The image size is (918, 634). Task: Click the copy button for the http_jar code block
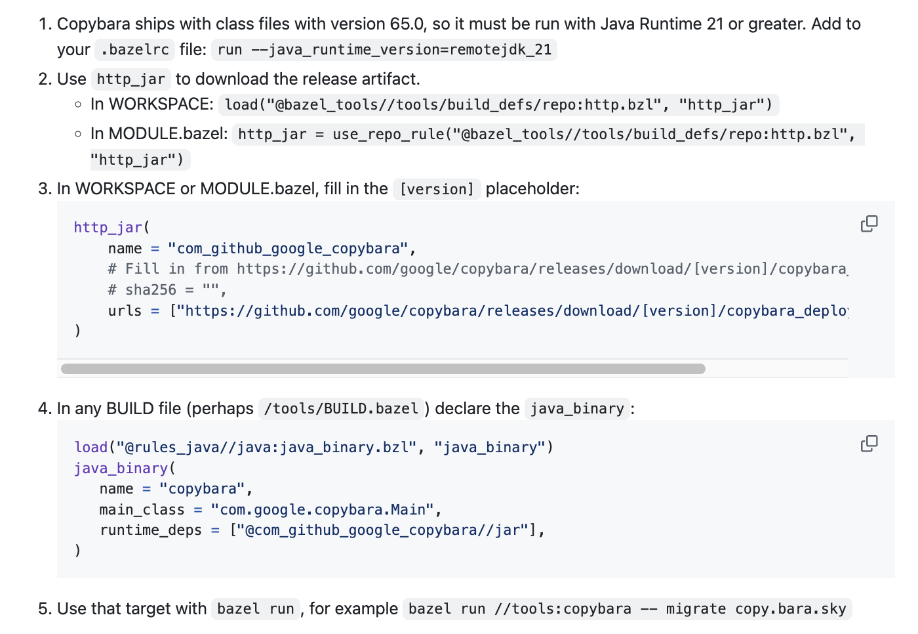[869, 224]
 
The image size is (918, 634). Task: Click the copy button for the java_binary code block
[869, 444]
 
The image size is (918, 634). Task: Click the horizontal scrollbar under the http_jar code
[383, 369]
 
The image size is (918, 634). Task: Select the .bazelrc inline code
[135, 50]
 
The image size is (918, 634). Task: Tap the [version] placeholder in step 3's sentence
[437, 189]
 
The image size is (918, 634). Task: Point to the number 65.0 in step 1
[407, 24]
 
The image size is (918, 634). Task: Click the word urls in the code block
[125, 311]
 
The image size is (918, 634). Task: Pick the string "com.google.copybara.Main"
[322, 510]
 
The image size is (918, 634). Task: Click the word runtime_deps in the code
[150, 530]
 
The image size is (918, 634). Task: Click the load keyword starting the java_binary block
[90, 448]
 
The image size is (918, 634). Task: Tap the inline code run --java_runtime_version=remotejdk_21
[384, 50]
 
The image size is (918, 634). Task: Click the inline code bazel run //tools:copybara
[628, 609]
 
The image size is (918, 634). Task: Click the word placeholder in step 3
[532, 189]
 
